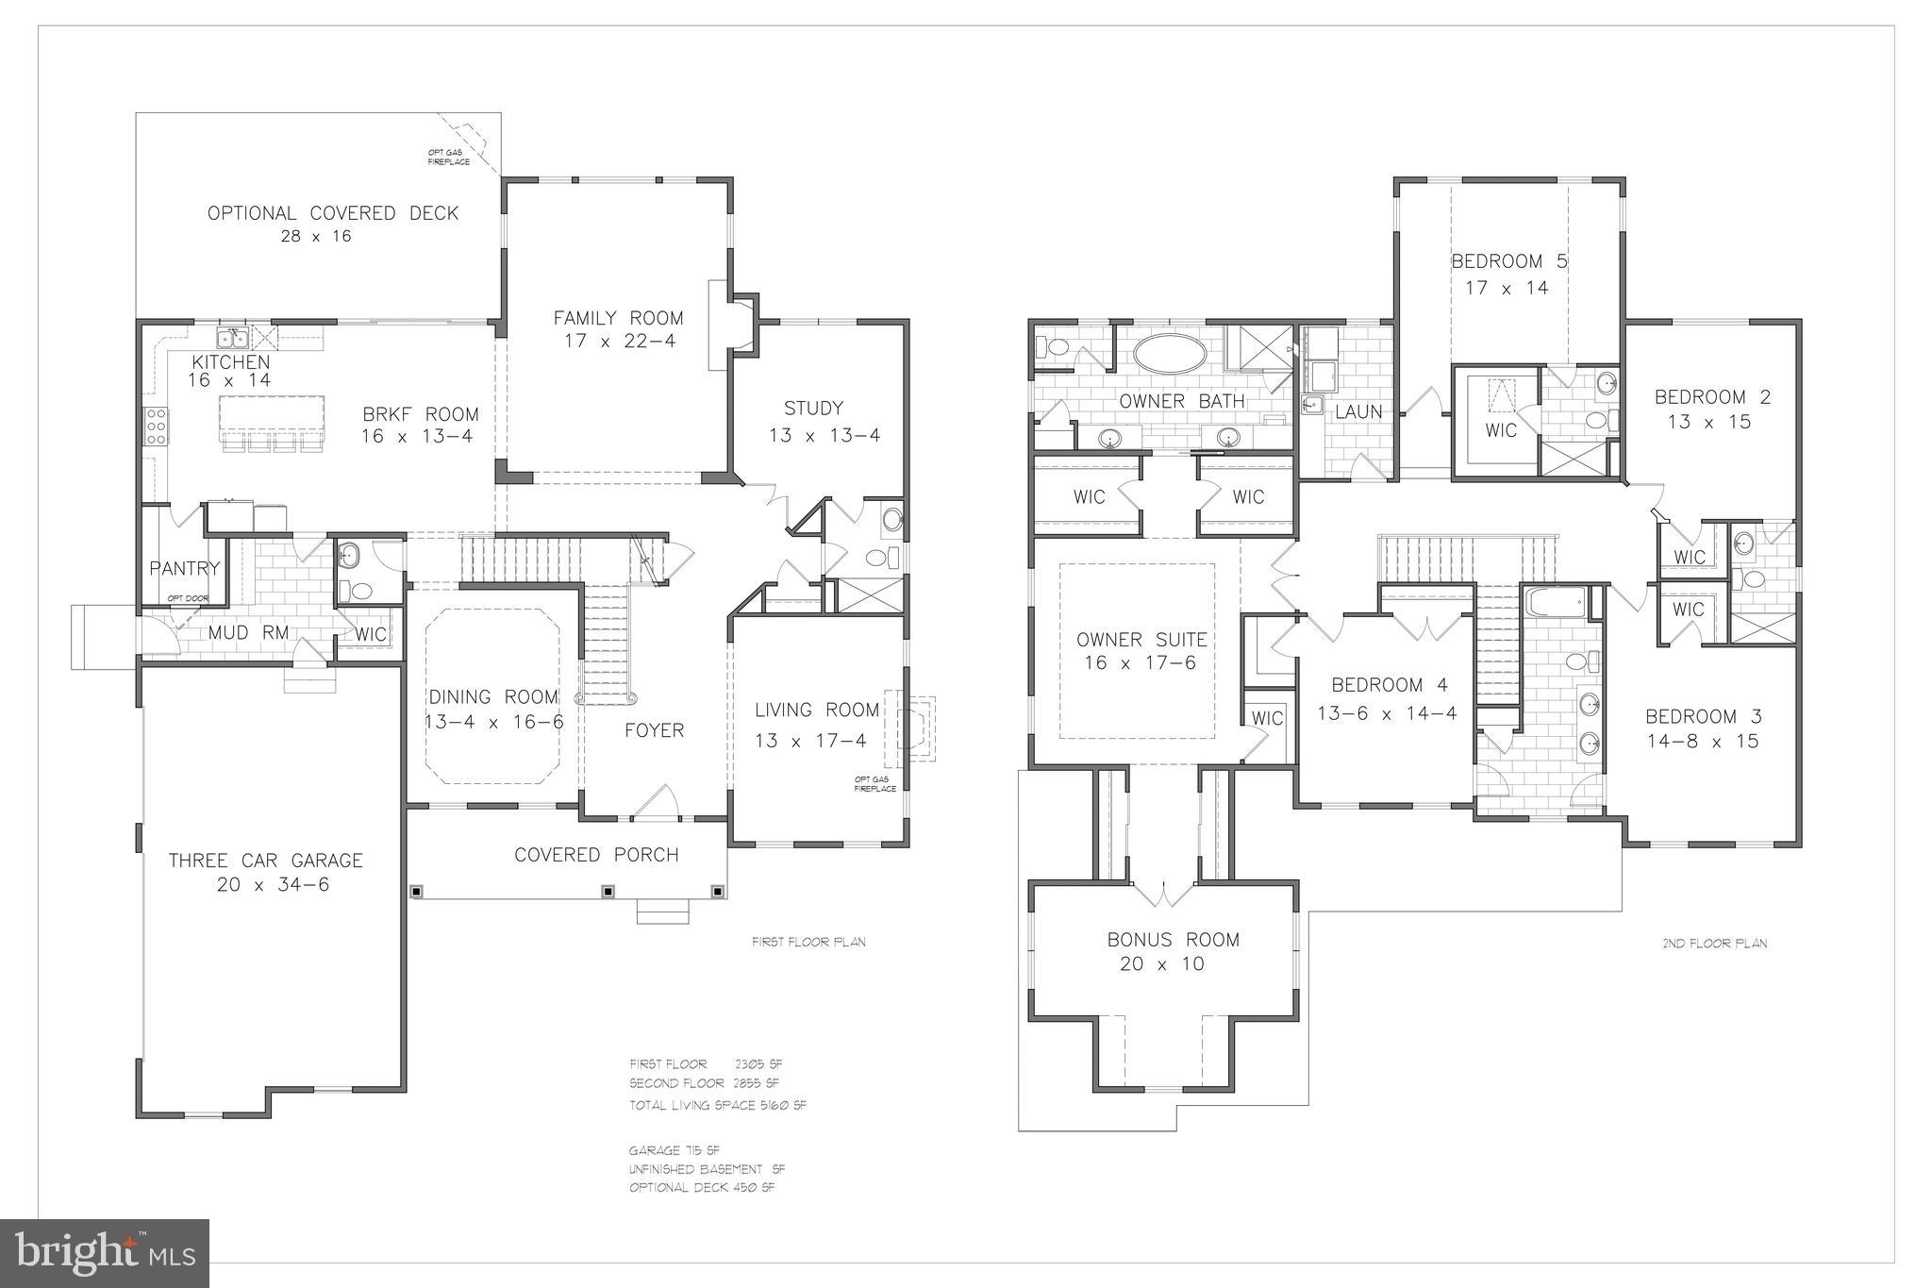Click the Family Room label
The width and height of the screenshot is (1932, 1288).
pyautogui.click(x=618, y=318)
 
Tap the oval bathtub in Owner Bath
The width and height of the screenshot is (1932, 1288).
pyautogui.click(x=1169, y=356)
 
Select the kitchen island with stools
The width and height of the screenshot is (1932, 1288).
pyautogui.click(x=272, y=416)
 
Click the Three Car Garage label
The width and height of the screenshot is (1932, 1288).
pyautogui.click(x=265, y=860)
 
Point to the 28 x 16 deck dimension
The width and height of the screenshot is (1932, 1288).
pyautogui.click(x=315, y=236)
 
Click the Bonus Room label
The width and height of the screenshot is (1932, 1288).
pyautogui.click(x=1173, y=939)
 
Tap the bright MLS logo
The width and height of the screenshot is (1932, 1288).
pyautogui.click(x=104, y=1252)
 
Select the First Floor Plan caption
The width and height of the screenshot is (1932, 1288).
pyautogui.click(x=808, y=942)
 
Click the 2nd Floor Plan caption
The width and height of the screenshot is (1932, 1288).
pyautogui.click(x=1714, y=943)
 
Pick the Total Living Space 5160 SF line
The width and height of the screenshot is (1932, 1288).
pyautogui.click(x=717, y=1105)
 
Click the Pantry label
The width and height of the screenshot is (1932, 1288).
pyautogui.click(x=184, y=568)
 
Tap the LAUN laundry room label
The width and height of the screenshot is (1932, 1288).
pyautogui.click(x=1358, y=411)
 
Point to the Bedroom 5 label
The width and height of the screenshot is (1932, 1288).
pyautogui.click(x=1508, y=261)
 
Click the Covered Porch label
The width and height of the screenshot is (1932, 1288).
pyautogui.click(x=596, y=855)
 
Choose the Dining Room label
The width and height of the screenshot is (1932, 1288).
pyautogui.click(x=493, y=697)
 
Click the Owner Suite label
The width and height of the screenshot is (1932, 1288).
pyautogui.click(x=1141, y=640)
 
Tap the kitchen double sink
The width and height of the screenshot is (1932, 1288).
pyautogui.click(x=232, y=339)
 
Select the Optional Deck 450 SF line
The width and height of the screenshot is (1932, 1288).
pyautogui.click(x=701, y=1187)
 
